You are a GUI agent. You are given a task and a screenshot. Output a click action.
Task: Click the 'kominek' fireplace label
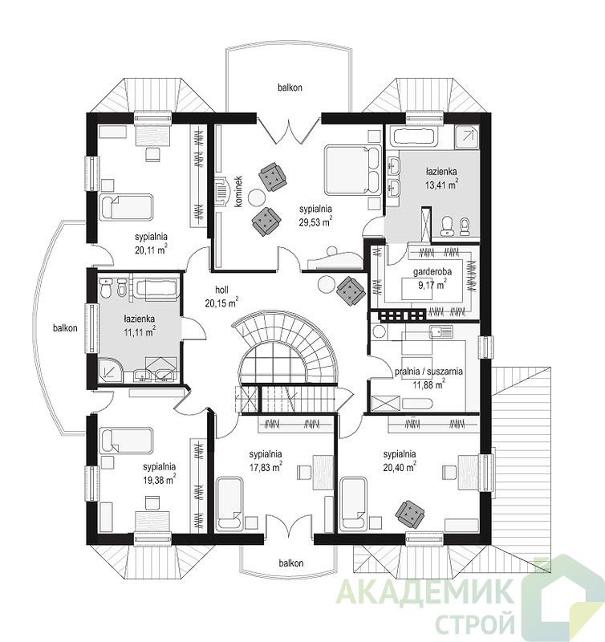point(239,191)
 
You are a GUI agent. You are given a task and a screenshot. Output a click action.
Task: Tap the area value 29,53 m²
point(315,222)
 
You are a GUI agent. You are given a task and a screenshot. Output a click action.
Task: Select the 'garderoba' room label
point(432,271)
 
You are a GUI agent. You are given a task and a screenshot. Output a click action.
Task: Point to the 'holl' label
point(222,290)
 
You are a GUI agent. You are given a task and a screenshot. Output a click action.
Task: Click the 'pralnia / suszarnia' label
point(428,372)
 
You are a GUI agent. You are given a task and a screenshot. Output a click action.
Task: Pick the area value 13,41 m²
point(441,185)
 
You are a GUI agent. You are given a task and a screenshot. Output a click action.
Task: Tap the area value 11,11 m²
point(139,331)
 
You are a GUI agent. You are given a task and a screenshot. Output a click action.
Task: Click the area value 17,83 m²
point(266,467)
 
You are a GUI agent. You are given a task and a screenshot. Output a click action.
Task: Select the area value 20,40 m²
point(400,467)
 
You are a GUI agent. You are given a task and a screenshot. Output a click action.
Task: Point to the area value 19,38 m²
point(159,480)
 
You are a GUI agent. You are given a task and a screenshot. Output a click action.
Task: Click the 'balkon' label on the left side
point(65,328)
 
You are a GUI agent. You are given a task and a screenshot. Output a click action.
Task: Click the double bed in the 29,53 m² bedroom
point(352,169)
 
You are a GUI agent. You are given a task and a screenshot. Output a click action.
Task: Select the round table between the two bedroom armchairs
point(257,197)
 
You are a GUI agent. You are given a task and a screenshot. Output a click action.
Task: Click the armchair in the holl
point(351,291)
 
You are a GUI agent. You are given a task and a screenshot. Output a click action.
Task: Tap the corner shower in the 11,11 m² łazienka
point(110,370)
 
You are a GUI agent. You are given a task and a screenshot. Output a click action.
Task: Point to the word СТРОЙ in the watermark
point(475,621)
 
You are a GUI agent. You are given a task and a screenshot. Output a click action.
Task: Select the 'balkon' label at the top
point(290,87)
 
